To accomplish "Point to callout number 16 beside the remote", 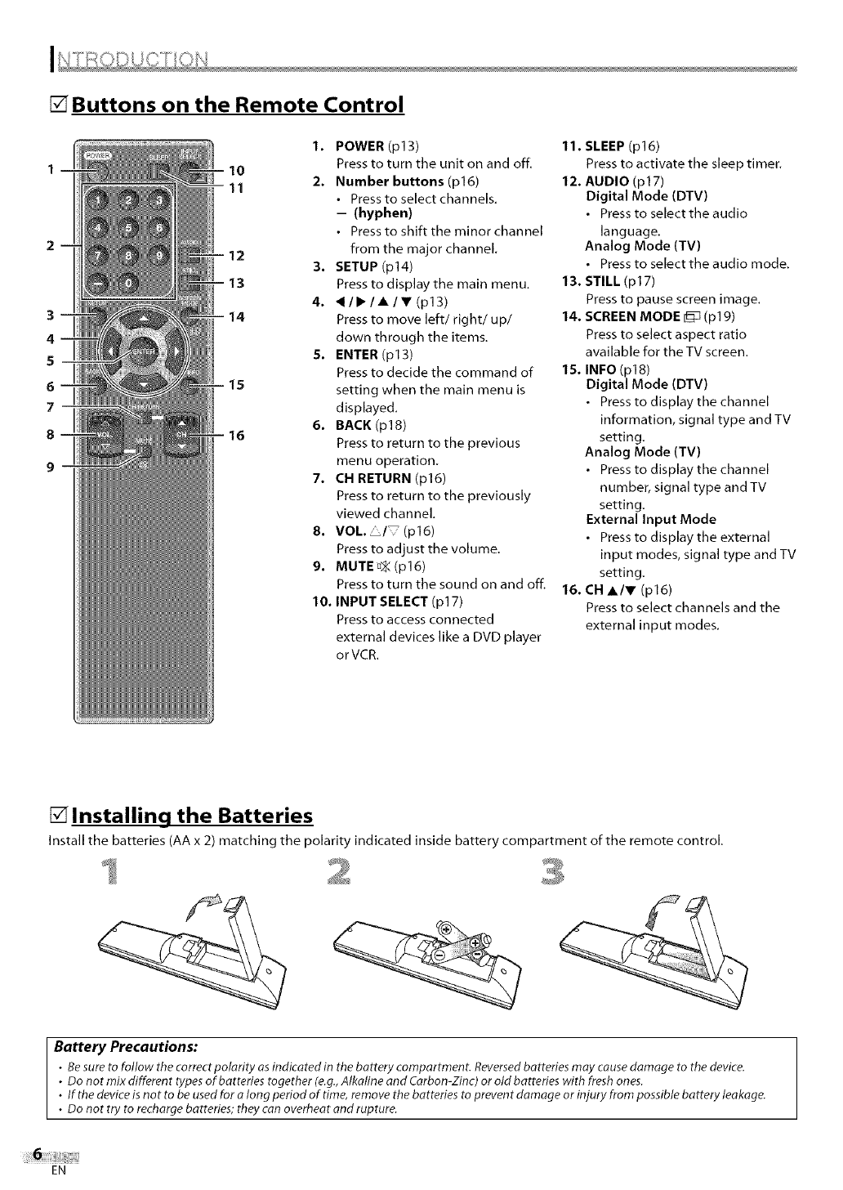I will [236, 436].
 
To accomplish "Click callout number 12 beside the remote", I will [236, 256].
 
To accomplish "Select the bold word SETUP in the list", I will [356, 266].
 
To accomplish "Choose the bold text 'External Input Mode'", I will [650, 519].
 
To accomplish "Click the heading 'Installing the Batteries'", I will [192, 816].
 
